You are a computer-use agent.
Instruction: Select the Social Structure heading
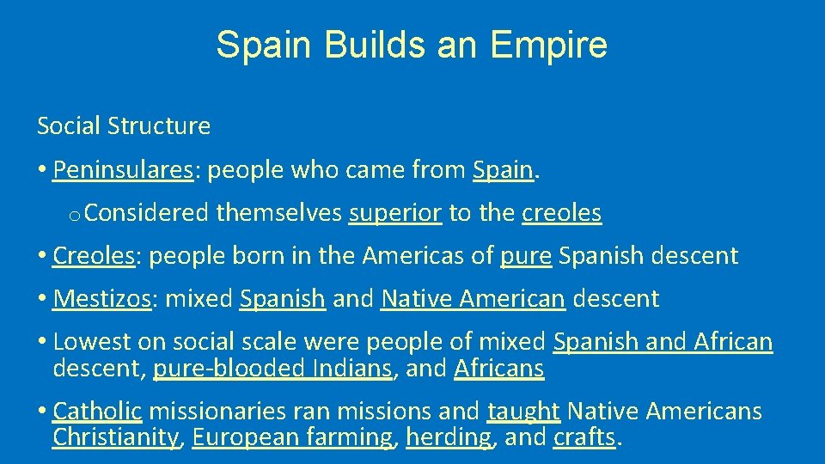pos(124,126)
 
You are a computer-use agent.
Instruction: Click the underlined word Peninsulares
pos(122,170)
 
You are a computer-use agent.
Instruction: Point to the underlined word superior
pos(395,213)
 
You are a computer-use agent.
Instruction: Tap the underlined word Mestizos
pos(101,299)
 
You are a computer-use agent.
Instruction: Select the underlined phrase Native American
pos(473,299)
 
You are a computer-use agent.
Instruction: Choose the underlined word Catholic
pos(97,412)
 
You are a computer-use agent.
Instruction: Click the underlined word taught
pos(524,412)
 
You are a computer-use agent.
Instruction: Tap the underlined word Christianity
pos(116,437)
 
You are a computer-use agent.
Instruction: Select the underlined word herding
pos(449,437)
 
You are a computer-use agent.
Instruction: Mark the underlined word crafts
pos(584,437)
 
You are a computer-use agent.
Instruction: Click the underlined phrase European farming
pos(292,437)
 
